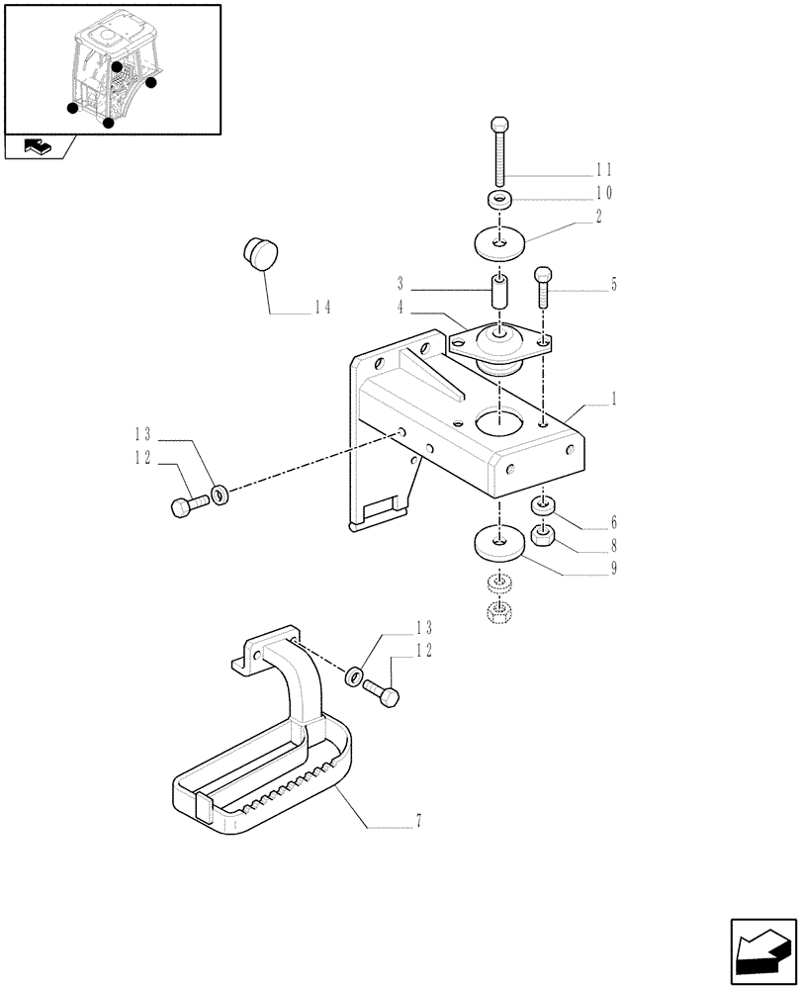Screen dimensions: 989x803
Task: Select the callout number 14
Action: click(321, 308)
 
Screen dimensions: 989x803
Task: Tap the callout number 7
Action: click(419, 821)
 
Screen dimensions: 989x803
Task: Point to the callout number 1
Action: click(614, 401)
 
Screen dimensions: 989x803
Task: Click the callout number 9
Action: click(614, 568)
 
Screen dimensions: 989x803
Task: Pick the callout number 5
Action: click(614, 286)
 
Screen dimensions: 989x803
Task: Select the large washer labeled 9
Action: click(499, 542)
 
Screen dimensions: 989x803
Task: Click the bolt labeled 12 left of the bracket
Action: click(189, 505)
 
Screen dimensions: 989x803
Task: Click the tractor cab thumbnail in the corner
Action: click(112, 69)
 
